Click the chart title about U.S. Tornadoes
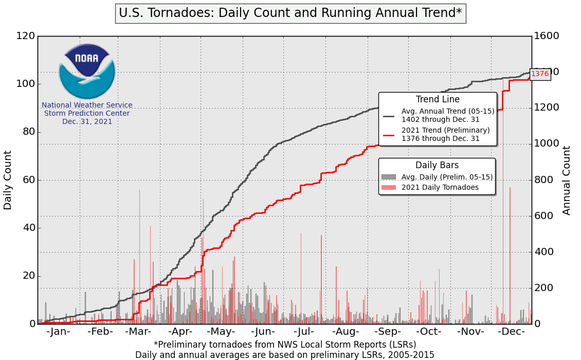click(290, 13)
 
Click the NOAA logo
click(87, 71)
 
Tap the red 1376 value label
click(540, 74)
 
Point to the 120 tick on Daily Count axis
click(25, 36)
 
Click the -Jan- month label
click(58, 332)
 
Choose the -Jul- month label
click(304, 332)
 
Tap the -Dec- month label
click(511, 332)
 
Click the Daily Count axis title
click(8, 180)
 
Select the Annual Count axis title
click(567, 180)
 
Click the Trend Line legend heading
click(438, 99)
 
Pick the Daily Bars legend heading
click(437, 165)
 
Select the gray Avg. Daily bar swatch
click(389, 177)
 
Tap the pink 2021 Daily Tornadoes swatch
click(389, 187)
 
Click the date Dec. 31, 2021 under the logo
click(87, 122)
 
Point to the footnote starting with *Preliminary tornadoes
click(285, 344)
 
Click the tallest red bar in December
click(503, 206)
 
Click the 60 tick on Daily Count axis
click(28, 180)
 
